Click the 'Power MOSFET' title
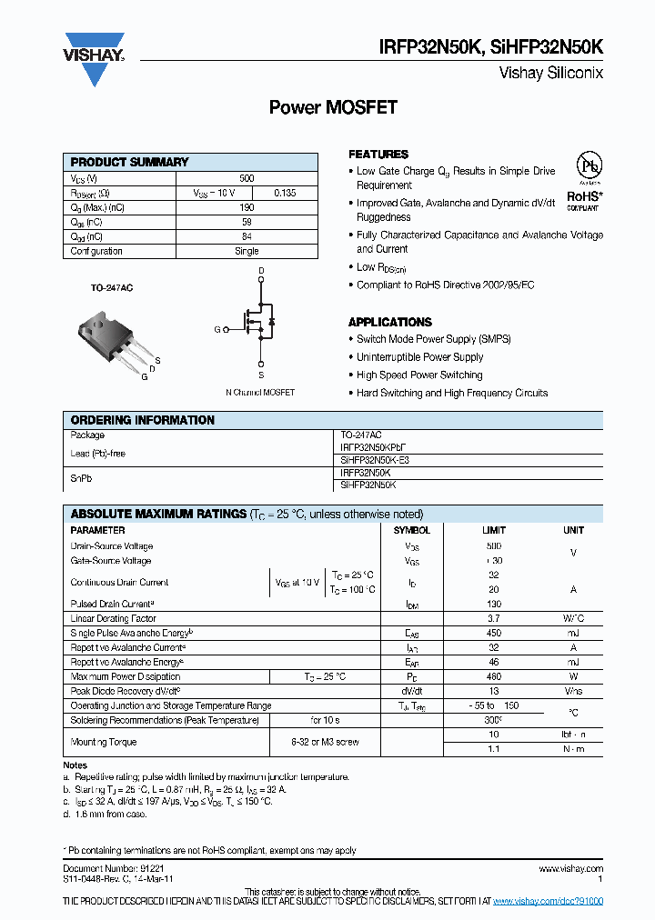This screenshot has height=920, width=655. point(333,107)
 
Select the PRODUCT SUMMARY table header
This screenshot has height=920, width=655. point(129,162)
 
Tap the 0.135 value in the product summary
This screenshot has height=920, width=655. point(284,193)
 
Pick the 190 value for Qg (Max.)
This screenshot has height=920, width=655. point(247,207)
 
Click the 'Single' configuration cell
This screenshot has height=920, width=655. point(247,251)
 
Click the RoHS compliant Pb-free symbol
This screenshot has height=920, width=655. point(590,167)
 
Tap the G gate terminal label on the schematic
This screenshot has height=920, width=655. point(217,329)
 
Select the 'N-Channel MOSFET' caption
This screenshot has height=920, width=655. point(260,393)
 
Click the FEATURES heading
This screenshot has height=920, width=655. point(378,155)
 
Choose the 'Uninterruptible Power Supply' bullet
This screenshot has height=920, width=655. point(419,357)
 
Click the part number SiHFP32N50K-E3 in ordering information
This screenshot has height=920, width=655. point(375,460)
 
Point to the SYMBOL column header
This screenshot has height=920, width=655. point(412,530)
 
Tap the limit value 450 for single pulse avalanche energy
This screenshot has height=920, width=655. point(493,633)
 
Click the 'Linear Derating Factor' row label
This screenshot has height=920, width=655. point(113,618)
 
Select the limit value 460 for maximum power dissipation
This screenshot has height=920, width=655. point(493,676)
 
